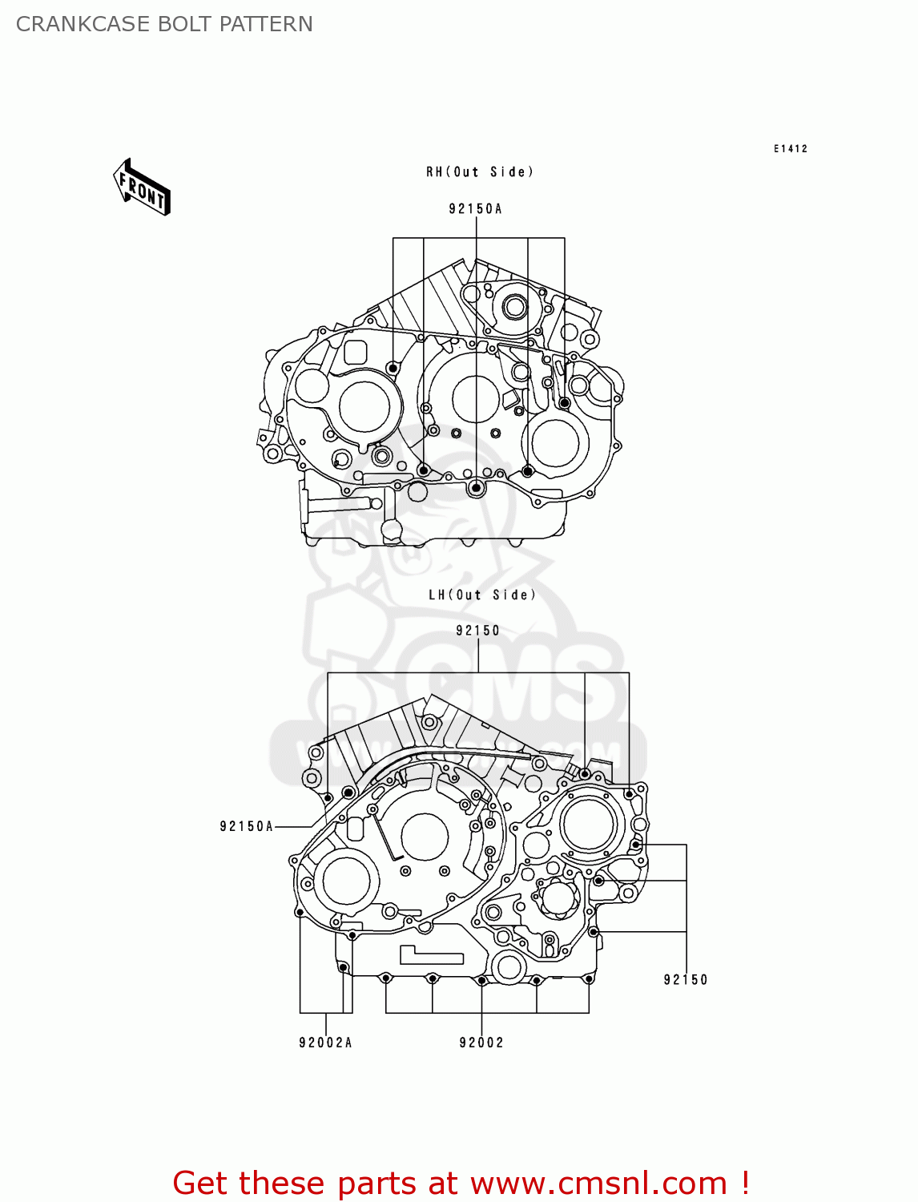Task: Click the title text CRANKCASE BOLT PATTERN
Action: coord(164,24)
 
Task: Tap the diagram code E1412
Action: coord(790,149)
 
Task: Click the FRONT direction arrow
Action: coord(142,188)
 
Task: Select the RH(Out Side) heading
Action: coord(479,172)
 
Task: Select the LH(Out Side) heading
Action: coord(481,595)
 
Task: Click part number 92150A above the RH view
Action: coord(475,209)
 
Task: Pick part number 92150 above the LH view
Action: coord(477,631)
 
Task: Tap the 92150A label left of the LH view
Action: coord(247,826)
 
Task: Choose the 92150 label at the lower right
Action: coord(686,979)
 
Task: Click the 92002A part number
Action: coord(325,1043)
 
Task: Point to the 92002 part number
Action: coord(481,1043)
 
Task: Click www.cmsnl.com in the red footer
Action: coord(598,1183)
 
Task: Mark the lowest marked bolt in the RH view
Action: coord(477,487)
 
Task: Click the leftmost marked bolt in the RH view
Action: coord(393,368)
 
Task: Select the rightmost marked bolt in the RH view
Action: coord(565,403)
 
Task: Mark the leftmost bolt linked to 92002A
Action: coord(300,912)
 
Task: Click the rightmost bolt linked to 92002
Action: coord(589,978)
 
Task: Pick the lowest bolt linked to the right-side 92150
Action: coord(594,932)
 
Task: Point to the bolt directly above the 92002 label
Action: coord(481,980)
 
